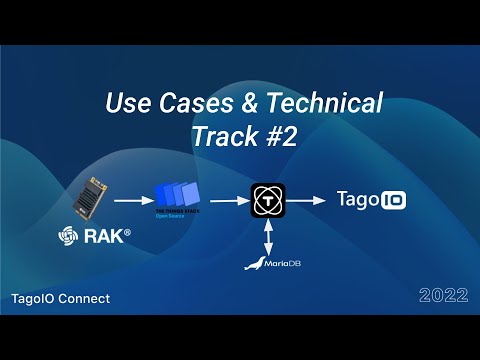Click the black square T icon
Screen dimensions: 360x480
tap(269, 200)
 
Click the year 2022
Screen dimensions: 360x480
tap(443, 296)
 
